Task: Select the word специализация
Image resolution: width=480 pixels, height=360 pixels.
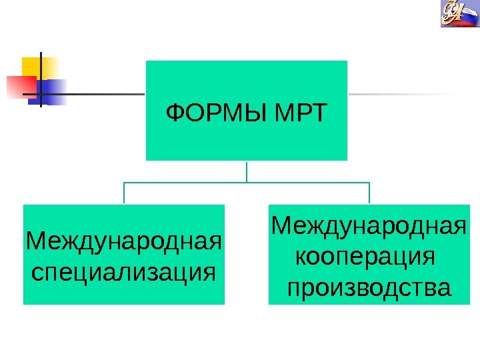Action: tap(124, 271)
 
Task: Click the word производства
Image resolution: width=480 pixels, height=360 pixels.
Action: tap(369, 289)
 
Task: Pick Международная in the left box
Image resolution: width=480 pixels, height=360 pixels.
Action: tap(124, 239)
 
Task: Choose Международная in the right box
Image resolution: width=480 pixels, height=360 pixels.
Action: tap(369, 225)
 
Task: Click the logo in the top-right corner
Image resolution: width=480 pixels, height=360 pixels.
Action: tap(460, 15)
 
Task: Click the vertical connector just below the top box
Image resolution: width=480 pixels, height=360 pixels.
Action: tap(247, 171)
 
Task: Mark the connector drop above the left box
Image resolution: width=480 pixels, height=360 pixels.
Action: tap(124, 193)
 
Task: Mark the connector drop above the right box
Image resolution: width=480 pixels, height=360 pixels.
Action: tap(369, 193)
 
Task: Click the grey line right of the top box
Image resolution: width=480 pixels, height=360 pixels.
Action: tap(400, 94)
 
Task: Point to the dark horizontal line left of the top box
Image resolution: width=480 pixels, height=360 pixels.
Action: tap(107, 94)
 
